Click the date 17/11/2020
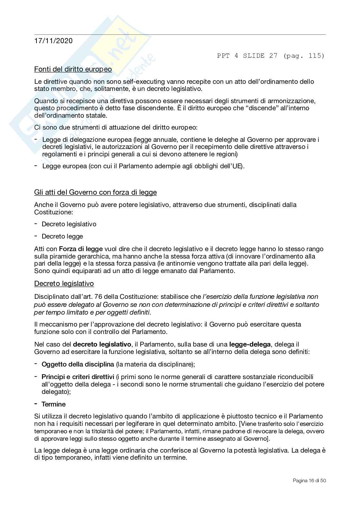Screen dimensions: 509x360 (53, 41)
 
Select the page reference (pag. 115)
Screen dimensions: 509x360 (304, 56)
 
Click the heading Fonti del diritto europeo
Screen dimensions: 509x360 (73, 69)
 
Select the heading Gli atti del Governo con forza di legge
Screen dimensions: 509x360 (95, 192)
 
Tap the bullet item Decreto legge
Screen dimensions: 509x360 (62, 236)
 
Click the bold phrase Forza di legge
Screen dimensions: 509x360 (81, 249)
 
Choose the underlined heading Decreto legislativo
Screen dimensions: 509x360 (64, 284)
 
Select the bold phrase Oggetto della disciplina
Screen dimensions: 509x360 (78, 364)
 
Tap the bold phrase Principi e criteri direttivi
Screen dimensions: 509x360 (78, 377)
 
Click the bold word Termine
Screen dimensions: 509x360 (54, 404)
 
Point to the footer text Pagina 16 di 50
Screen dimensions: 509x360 (309, 481)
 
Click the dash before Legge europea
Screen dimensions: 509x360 (36, 166)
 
